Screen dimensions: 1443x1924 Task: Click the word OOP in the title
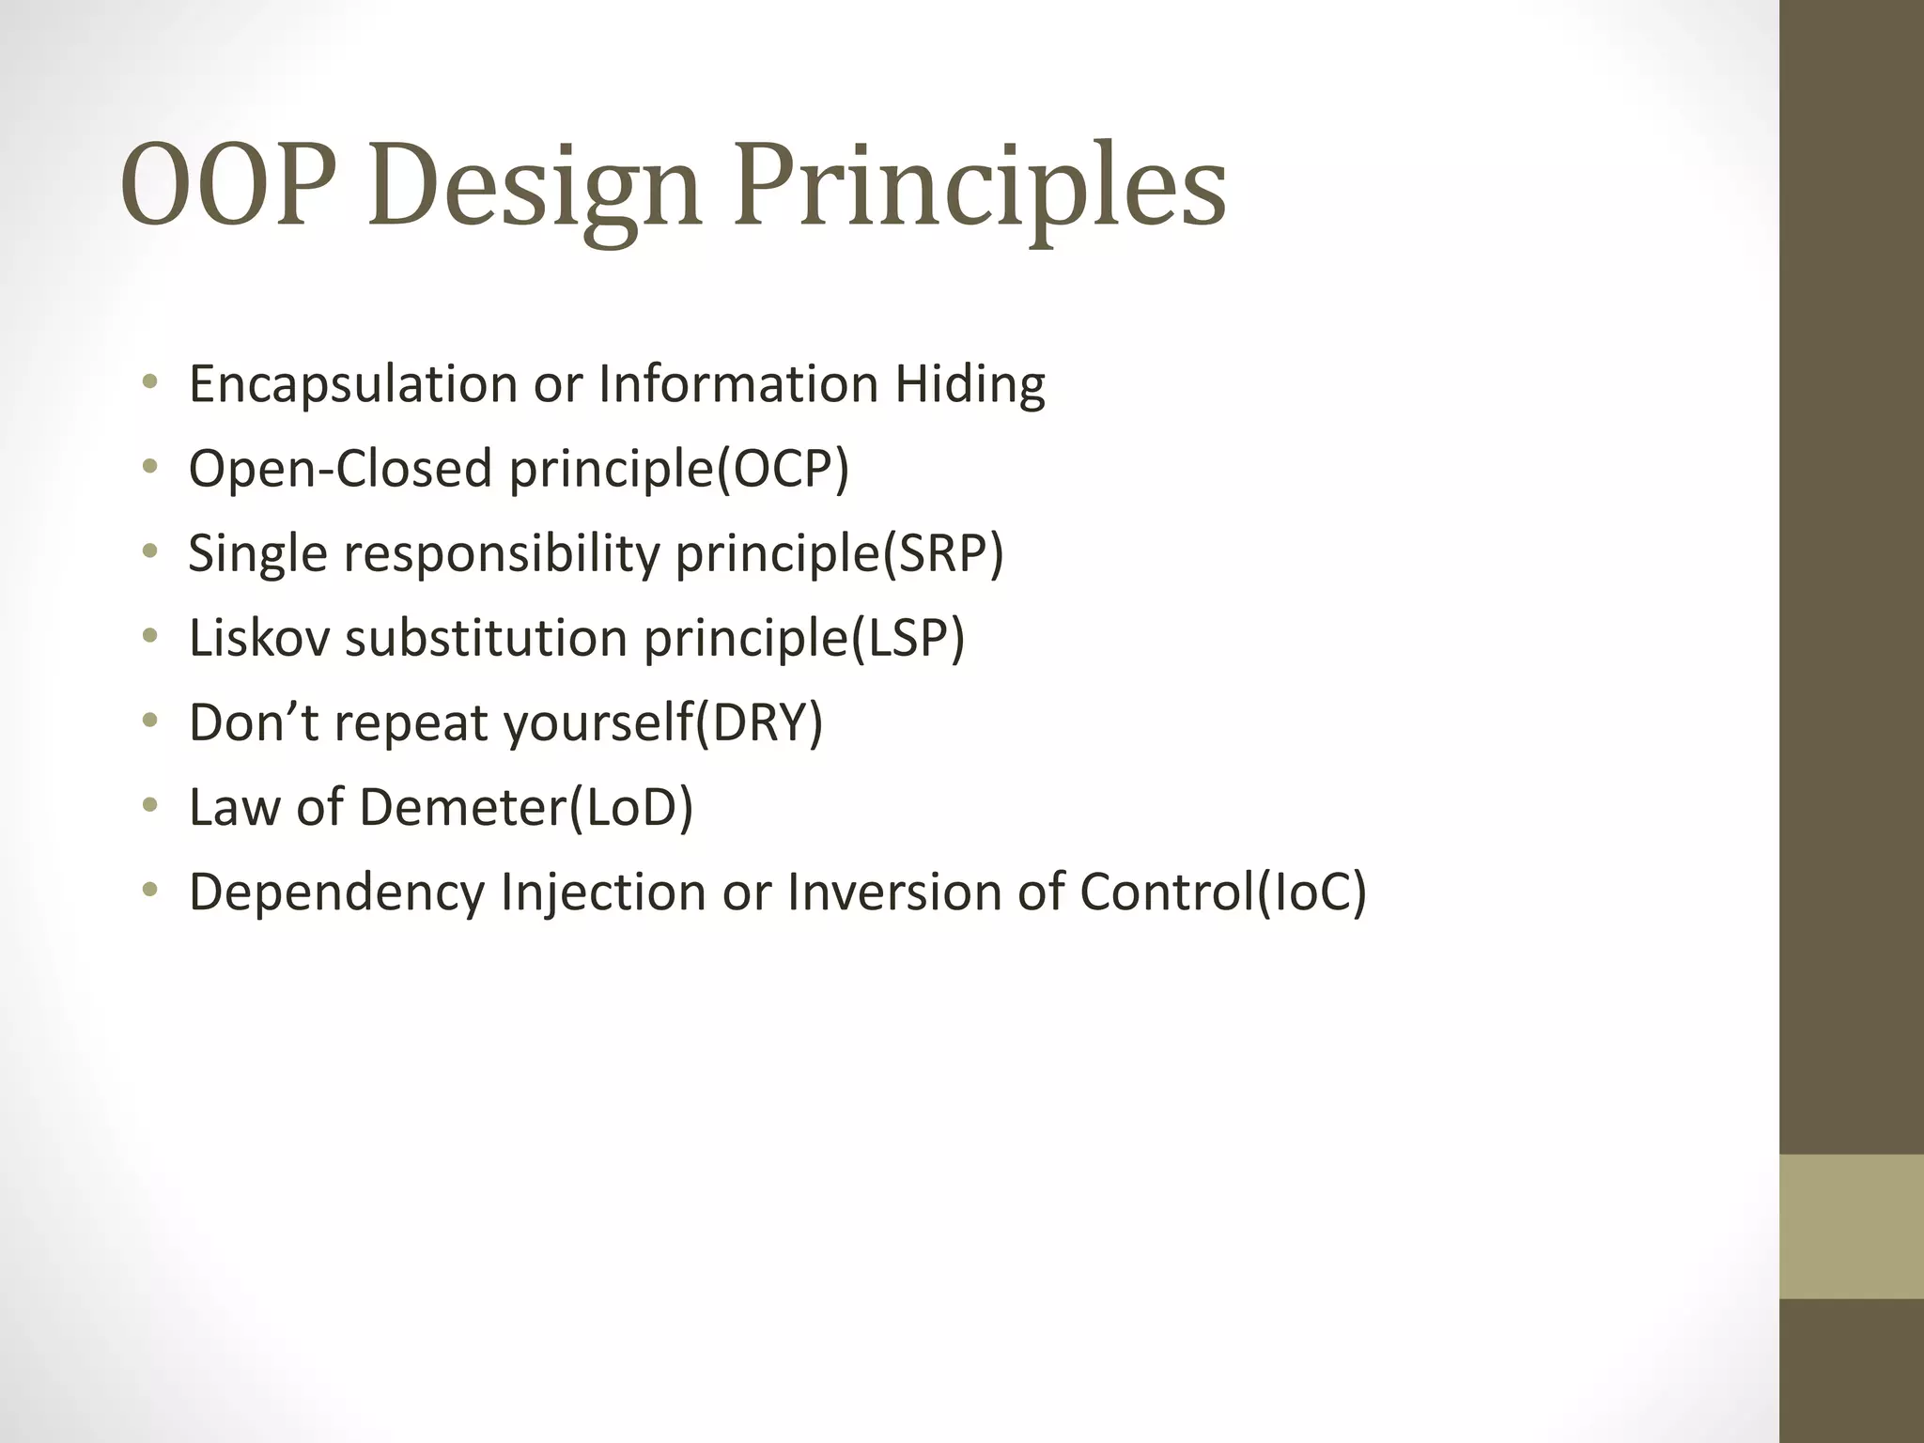[227, 185]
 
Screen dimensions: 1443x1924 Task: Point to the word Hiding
[970, 385]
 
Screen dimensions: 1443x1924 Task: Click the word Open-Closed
[340, 468]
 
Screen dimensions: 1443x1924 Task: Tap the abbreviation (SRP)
[942, 552]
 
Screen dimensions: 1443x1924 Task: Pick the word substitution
[486, 637]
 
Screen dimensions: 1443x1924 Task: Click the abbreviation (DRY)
[758, 721]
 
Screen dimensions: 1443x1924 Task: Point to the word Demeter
[462, 806]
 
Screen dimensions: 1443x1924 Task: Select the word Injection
[602, 892]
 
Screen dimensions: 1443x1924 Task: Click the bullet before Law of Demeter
[149, 805]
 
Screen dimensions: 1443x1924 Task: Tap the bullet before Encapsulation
[149, 382]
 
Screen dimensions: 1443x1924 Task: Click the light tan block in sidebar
[1851, 1226]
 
